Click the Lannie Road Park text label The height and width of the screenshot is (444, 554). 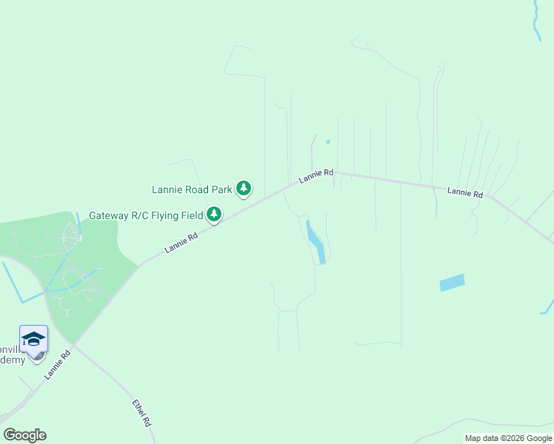192,189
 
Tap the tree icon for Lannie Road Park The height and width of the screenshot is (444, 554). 244,189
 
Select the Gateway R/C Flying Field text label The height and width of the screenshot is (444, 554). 146,215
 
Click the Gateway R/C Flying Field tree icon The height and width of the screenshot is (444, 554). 214,215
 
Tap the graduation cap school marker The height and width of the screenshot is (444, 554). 33,339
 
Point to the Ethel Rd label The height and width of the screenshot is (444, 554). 141,413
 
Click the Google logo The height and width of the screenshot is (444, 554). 24,435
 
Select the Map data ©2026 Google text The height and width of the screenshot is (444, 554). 509,438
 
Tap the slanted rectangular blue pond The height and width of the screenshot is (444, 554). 452,282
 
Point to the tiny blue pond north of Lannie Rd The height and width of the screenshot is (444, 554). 328,141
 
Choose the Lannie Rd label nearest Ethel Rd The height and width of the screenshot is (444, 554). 56,365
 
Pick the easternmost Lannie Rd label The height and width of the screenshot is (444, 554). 465,193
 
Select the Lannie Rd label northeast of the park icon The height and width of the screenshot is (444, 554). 316,177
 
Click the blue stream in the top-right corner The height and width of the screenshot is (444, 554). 536,18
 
